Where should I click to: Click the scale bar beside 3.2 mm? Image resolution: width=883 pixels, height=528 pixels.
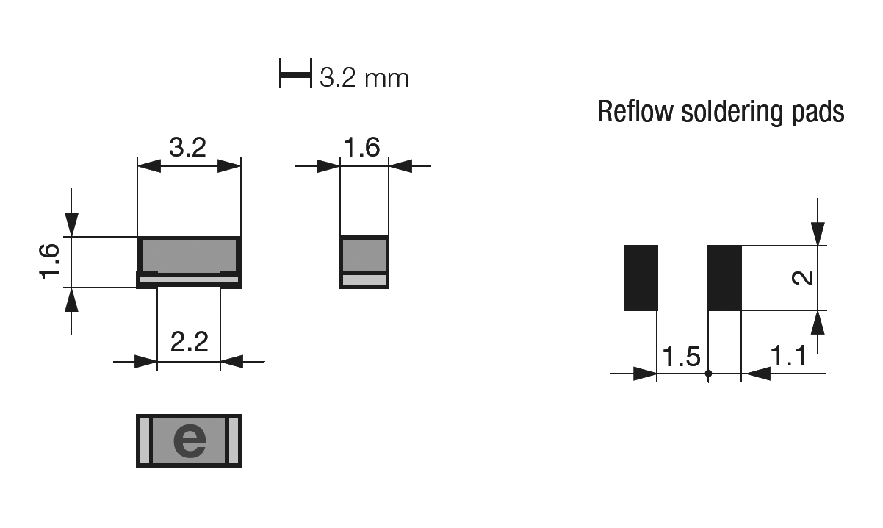click(x=295, y=73)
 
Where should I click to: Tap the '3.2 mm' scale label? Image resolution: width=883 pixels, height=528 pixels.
click(x=364, y=78)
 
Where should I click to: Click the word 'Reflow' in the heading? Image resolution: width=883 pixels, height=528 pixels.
click(x=635, y=112)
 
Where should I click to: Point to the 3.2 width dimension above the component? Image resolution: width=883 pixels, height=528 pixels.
click(x=187, y=147)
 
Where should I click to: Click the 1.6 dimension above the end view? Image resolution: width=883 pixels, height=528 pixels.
click(x=362, y=147)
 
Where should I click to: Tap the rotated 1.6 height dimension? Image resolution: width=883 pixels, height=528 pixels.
click(x=50, y=262)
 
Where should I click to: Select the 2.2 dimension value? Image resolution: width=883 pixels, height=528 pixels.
click(x=190, y=341)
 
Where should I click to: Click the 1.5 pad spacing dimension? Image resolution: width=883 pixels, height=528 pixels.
click(x=682, y=357)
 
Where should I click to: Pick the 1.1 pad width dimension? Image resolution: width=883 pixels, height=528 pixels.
click(x=788, y=355)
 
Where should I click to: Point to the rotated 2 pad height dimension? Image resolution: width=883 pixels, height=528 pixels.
click(x=803, y=278)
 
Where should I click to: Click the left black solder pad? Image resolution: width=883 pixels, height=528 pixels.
click(x=641, y=278)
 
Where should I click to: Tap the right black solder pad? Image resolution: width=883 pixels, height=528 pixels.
click(x=724, y=278)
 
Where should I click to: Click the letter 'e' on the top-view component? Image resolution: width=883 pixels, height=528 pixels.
click(x=190, y=440)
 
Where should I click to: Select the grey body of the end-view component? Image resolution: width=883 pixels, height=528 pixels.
click(x=364, y=254)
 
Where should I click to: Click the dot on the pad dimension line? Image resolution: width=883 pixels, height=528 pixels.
click(x=708, y=373)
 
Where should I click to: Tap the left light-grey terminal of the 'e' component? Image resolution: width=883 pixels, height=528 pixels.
click(x=145, y=440)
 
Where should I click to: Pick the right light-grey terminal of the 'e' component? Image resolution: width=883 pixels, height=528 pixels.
click(x=234, y=440)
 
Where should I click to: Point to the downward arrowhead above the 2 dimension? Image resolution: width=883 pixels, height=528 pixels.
click(x=818, y=234)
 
